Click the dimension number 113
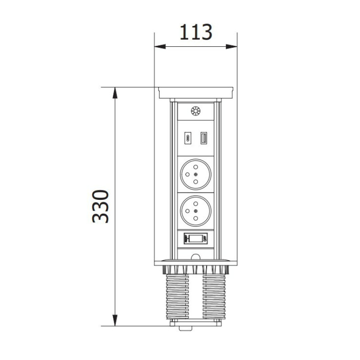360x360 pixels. [x=196, y=32]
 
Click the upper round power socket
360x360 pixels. [x=195, y=173]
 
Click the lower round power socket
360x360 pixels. [x=195, y=211]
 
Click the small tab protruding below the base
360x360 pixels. [x=185, y=328]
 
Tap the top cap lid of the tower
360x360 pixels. [x=195, y=92]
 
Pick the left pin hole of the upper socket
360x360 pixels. [x=188, y=173]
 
